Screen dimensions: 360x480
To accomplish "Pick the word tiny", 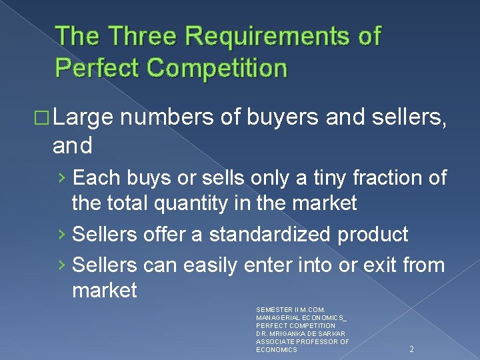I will [x=317, y=178].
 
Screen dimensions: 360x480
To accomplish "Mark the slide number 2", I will [x=411, y=348].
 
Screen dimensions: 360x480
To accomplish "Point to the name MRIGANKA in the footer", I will [x=292, y=333].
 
